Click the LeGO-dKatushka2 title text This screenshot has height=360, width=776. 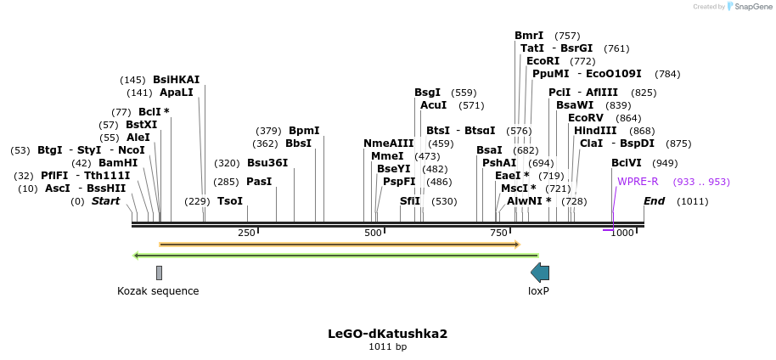(x=387, y=334)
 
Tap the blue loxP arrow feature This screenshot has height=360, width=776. (x=540, y=273)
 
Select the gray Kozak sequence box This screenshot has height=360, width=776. (x=159, y=273)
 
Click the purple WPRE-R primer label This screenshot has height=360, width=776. (x=638, y=182)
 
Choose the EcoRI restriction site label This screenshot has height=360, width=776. (x=543, y=61)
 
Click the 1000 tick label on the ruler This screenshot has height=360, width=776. (x=623, y=233)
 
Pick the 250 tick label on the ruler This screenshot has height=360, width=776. (x=247, y=233)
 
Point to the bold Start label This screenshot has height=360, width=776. (x=105, y=201)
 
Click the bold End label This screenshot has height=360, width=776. (x=654, y=201)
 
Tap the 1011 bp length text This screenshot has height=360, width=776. (x=387, y=346)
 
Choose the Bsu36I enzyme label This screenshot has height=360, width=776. (x=267, y=163)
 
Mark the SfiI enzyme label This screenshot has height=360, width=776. (x=411, y=201)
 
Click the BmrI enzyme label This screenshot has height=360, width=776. (x=529, y=36)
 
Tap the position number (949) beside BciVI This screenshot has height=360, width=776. (x=665, y=163)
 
